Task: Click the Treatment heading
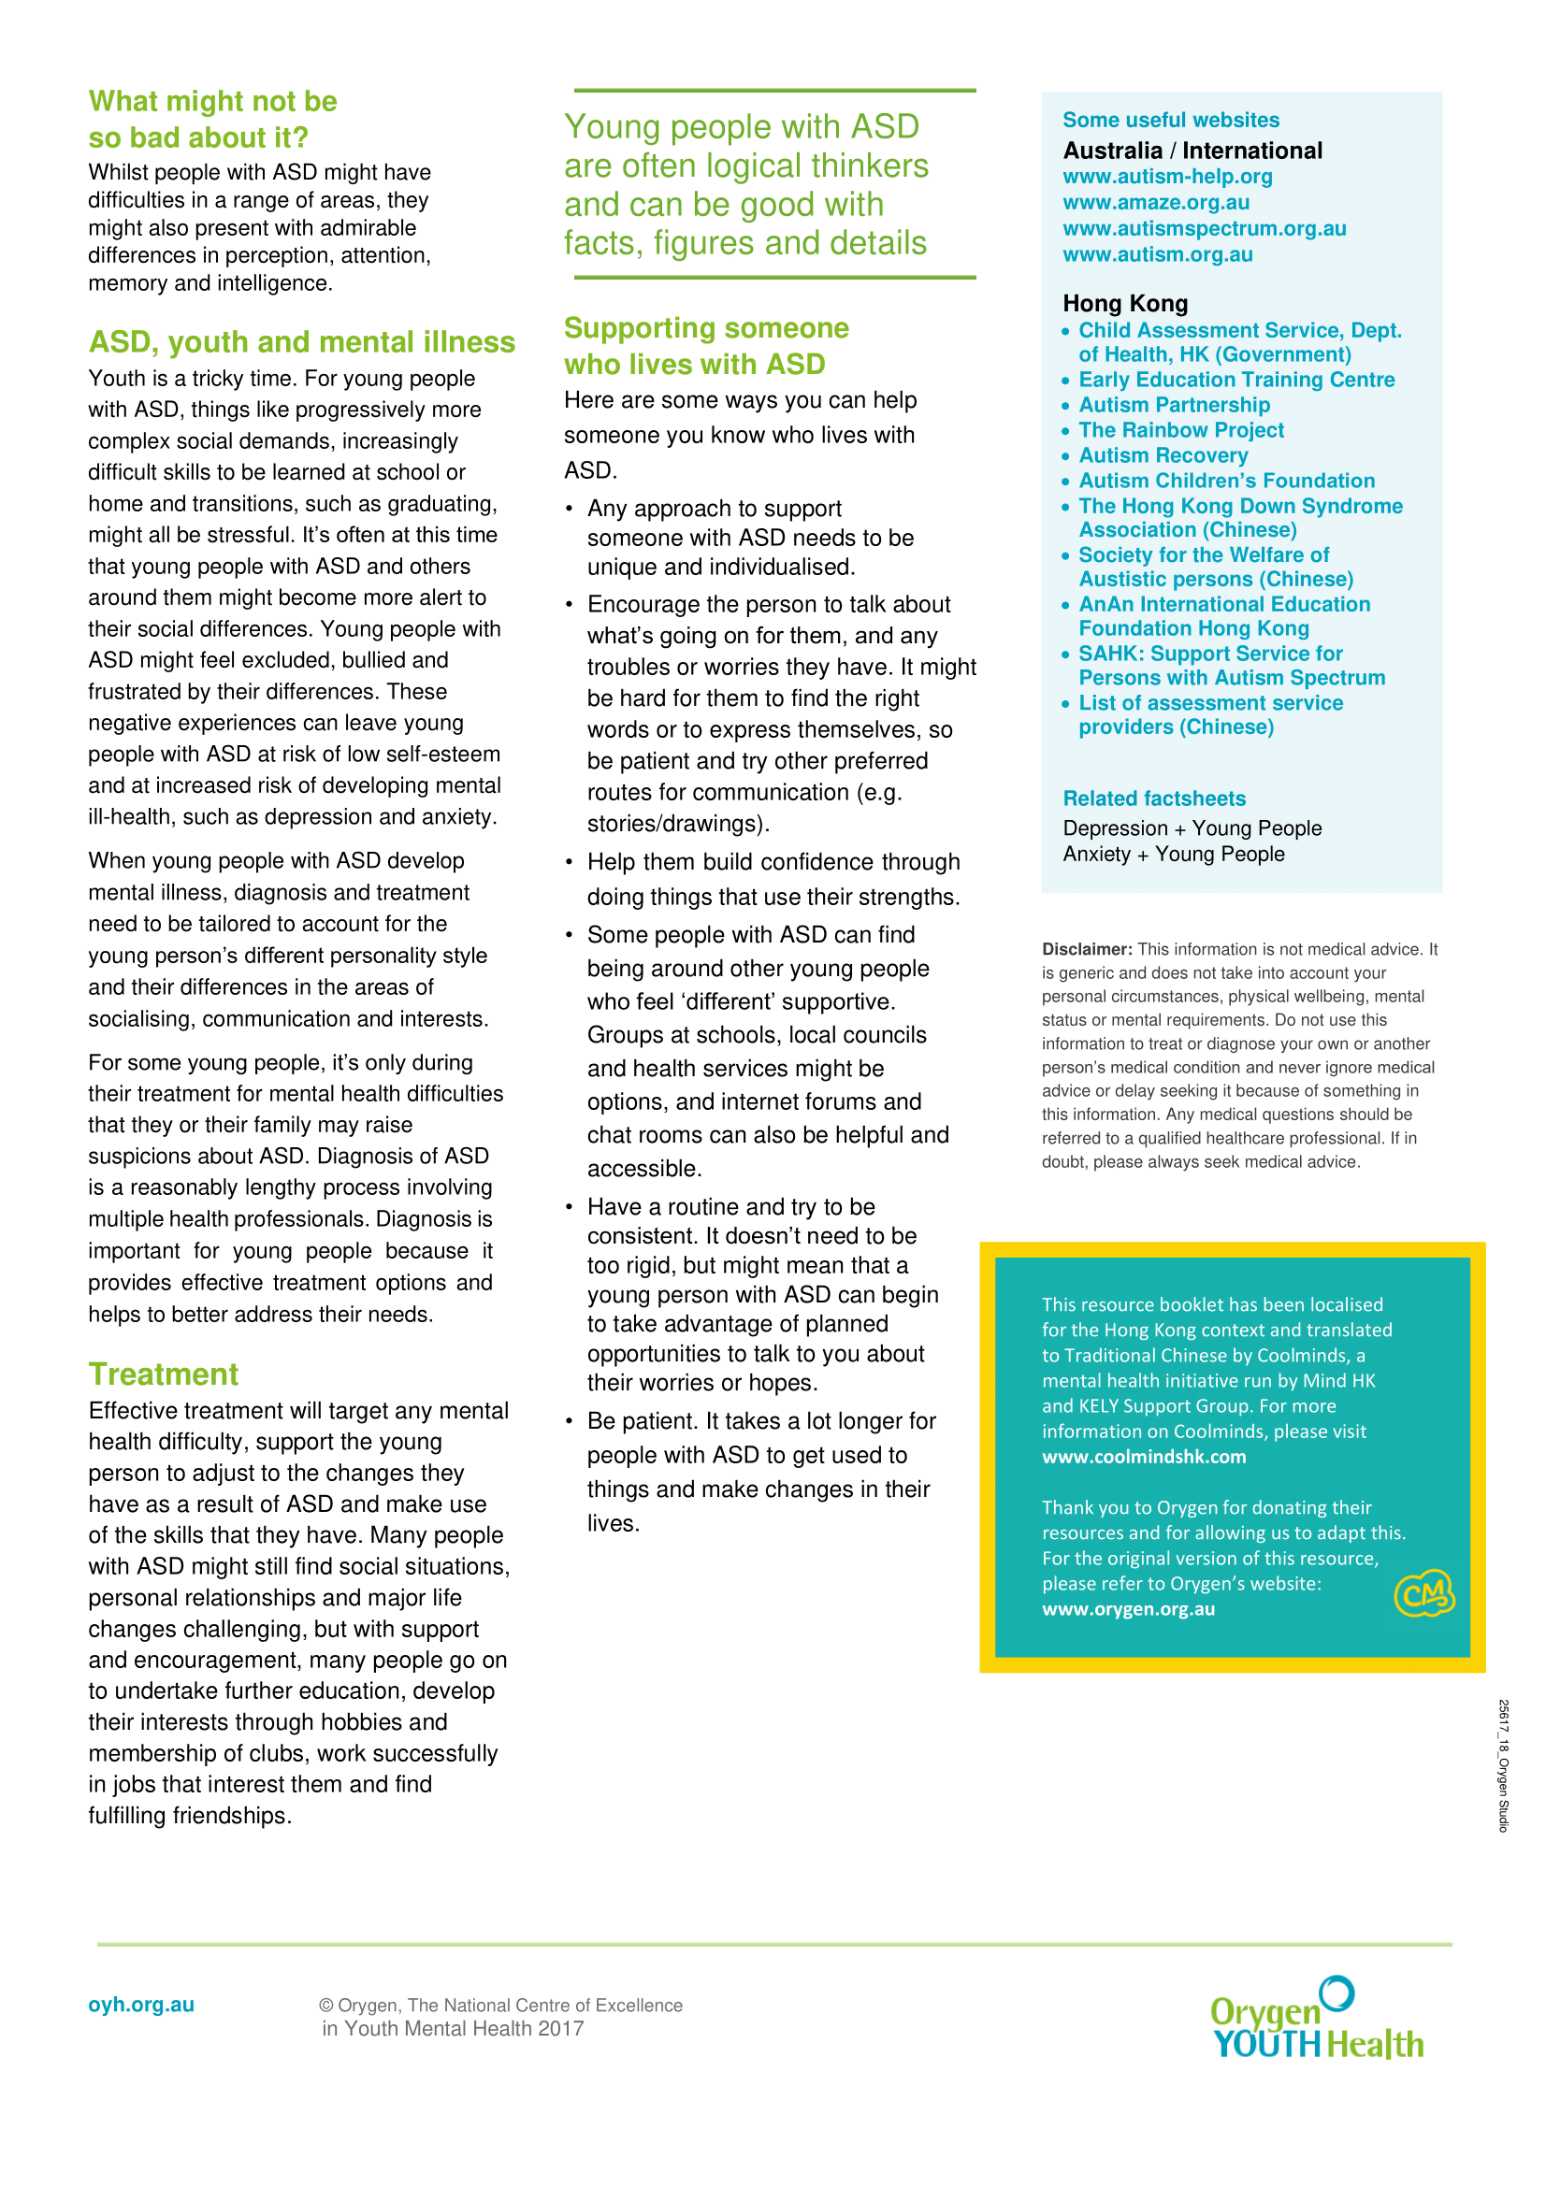pyautogui.click(x=163, y=1374)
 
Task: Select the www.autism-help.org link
pyautogui.click(x=1167, y=176)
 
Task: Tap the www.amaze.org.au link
pyautogui.click(x=1155, y=202)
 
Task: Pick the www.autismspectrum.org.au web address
pyautogui.click(x=1204, y=228)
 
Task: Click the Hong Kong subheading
pyautogui.click(x=1125, y=303)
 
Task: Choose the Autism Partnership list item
pyautogui.click(x=1174, y=405)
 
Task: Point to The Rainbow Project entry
pyautogui.click(x=1180, y=429)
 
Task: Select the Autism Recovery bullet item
pyautogui.click(x=1163, y=455)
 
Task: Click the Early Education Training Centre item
pyautogui.click(x=1235, y=379)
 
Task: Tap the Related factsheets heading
pyautogui.click(x=1153, y=799)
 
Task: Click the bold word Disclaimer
pyautogui.click(x=1086, y=949)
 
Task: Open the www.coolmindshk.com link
pyautogui.click(x=1143, y=1457)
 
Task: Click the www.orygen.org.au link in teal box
pyautogui.click(x=1128, y=1609)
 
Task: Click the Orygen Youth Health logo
pyautogui.click(x=1317, y=2021)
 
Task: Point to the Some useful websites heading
pyautogui.click(x=1171, y=120)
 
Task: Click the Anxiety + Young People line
pyautogui.click(x=1174, y=855)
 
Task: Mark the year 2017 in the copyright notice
pyautogui.click(x=560, y=2029)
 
